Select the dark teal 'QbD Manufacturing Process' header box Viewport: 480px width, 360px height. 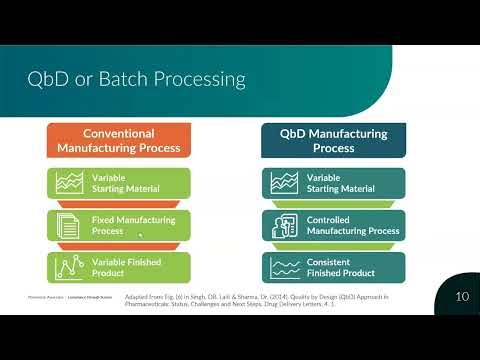(x=333, y=140)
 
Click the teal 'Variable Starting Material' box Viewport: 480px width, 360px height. (x=333, y=182)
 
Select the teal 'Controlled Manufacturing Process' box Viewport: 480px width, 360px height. (x=333, y=225)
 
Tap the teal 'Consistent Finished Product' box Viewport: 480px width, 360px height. (x=333, y=267)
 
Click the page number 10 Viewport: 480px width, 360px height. (x=461, y=296)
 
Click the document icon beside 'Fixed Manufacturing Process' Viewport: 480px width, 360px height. (x=68, y=225)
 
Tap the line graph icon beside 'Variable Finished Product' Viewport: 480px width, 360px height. (x=68, y=267)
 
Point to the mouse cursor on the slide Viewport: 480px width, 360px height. (x=139, y=236)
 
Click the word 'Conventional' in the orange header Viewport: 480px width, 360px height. (x=119, y=133)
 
